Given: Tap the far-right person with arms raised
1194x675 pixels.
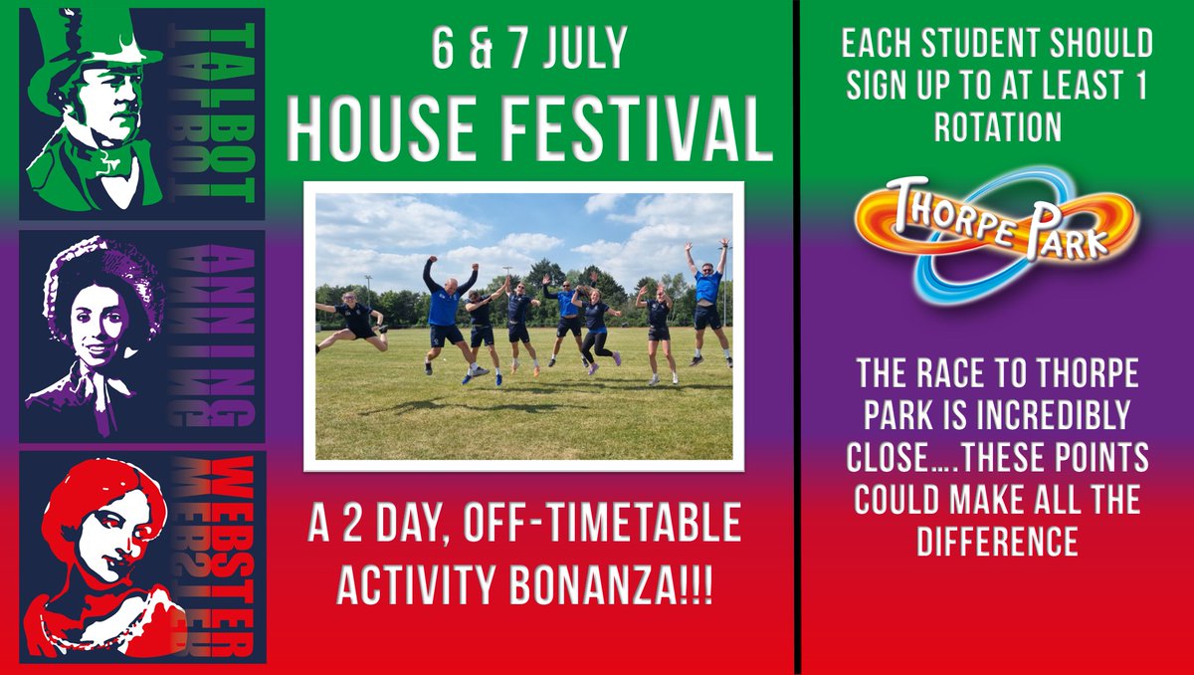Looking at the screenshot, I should [x=707, y=299].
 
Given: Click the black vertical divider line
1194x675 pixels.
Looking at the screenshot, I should [x=797, y=337].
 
